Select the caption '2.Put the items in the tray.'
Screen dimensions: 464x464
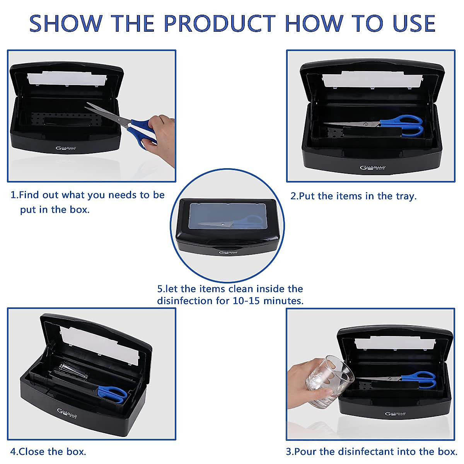coord(353,196)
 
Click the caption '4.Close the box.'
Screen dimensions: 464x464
coord(48,451)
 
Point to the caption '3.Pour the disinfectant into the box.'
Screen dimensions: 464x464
coord(372,451)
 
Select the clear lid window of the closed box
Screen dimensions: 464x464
coord(227,218)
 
